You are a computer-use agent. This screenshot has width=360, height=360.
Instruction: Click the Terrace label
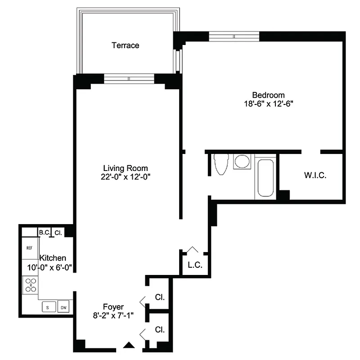tap(126, 45)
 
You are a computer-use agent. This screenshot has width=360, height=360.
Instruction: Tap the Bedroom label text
tap(268, 95)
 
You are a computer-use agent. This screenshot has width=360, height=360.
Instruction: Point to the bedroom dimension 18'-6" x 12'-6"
tap(268, 103)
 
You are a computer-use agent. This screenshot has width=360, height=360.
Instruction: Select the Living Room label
tap(125, 168)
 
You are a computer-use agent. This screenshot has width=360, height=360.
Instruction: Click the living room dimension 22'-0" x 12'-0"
tap(125, 177)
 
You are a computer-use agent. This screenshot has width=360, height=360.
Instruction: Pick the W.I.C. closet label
tap(315, 175)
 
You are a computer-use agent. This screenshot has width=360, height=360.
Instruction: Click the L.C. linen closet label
tap(195, 265)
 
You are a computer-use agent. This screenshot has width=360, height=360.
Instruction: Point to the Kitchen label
tap(53, 258)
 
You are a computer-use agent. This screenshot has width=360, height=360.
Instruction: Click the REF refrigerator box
tap(30, 248)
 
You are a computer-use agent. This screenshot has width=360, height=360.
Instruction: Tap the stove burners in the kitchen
tap(31, 285)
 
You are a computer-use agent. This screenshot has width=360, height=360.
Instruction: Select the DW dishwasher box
tap(63, 307)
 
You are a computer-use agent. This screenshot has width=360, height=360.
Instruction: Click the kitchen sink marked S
tap(48, 307)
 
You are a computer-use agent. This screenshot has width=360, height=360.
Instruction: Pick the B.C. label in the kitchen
tap(44, 233)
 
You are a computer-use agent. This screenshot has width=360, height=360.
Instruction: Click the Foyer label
tap(113, 307)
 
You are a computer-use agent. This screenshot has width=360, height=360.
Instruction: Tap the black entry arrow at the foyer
tap(129, 345)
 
